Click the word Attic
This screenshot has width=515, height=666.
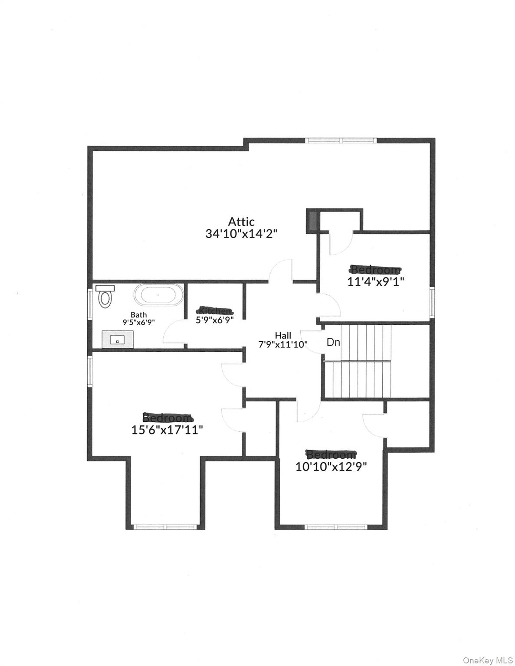point(241,222)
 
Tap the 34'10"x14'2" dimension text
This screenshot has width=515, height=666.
point(241,234)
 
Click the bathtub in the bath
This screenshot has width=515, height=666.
point(157,295)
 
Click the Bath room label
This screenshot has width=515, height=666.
point(139,315)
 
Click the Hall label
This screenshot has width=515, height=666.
point(283,335)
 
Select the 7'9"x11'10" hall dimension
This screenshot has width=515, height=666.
point(283,344)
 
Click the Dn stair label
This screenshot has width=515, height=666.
point(333,342)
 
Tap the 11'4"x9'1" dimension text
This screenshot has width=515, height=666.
point(376,281)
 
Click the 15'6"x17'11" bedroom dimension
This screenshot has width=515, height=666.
point(167,430)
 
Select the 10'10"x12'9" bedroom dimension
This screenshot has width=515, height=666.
point(331,467)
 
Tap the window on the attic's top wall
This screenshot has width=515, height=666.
point(341,140)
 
